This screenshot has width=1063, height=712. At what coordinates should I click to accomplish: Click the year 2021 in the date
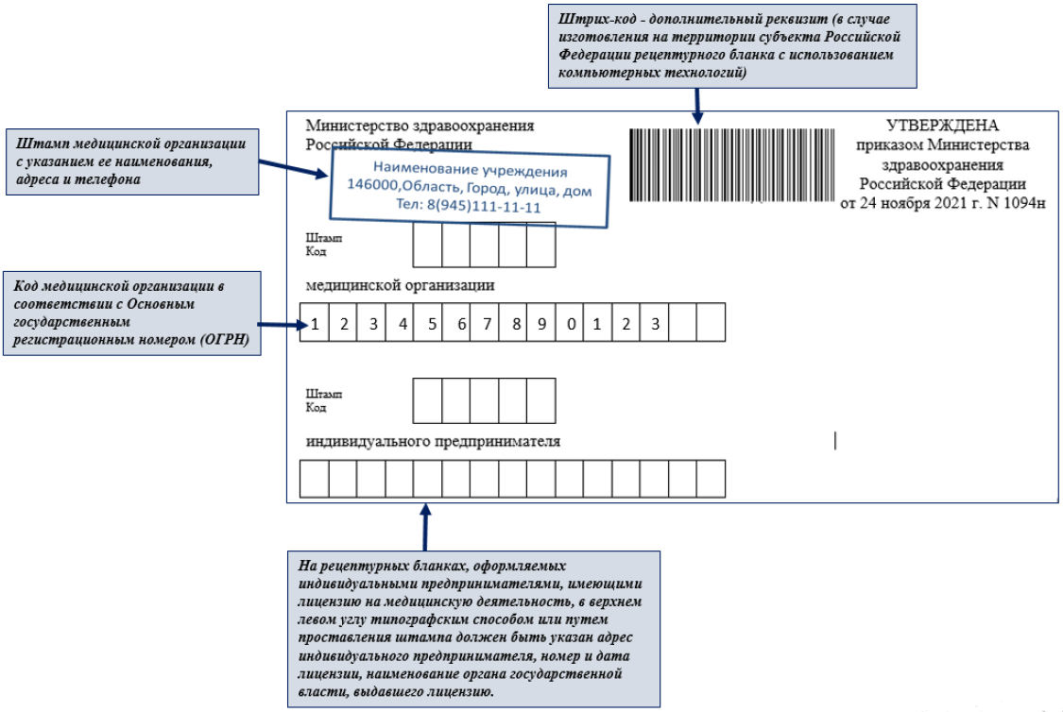tap(957, 203)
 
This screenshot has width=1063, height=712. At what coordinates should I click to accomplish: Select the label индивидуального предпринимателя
tap(433, 441)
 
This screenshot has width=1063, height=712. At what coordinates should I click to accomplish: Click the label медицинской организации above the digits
tap(400, 284)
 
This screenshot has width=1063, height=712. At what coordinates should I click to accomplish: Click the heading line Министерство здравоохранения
tap(420, 126)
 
